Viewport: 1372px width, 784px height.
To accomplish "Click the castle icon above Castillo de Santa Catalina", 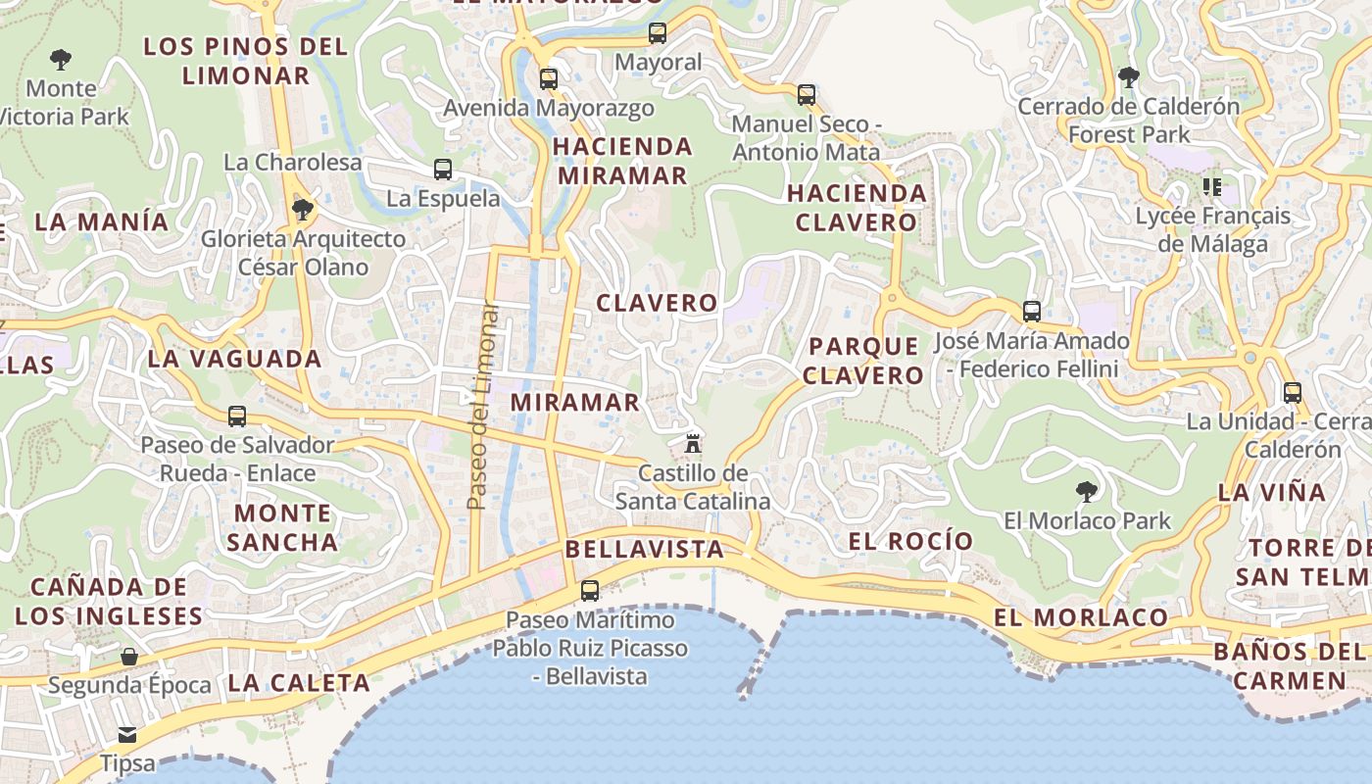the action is click(693, 443).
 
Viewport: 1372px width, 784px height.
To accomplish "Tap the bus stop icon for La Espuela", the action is click(443, 170).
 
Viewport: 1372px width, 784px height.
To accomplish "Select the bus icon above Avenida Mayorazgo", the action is click(549, 78).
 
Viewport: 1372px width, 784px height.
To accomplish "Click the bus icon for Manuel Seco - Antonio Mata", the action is click(807, 95).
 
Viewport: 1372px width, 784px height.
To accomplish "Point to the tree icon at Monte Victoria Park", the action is click(61, 60).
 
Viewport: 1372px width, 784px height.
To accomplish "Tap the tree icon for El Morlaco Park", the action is click(1086, 491).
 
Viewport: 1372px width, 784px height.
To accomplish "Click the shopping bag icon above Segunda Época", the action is click(129, 656).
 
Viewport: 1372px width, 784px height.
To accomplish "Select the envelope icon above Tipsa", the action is click(127, 734).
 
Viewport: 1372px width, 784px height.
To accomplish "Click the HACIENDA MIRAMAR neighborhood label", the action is click(622, 162).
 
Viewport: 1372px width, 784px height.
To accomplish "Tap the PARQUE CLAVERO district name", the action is click(865, 361).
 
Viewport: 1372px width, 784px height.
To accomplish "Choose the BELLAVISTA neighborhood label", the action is click(645, 549).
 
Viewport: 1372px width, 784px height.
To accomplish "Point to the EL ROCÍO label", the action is click(910, 541).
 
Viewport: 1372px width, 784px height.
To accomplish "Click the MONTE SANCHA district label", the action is click(282, 527).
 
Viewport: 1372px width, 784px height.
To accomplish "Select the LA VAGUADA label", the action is click(235, 359).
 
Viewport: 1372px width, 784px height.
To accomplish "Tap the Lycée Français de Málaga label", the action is click(1213, 229).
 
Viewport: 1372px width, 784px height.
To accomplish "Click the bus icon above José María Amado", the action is click(1032, 312).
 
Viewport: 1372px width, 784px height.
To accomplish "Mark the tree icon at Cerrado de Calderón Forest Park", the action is click(1129, 77).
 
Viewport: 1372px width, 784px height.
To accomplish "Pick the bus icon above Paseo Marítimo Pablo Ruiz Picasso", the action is click(590, 591).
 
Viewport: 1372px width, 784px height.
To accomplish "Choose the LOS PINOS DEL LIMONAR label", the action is click(245, 61).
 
